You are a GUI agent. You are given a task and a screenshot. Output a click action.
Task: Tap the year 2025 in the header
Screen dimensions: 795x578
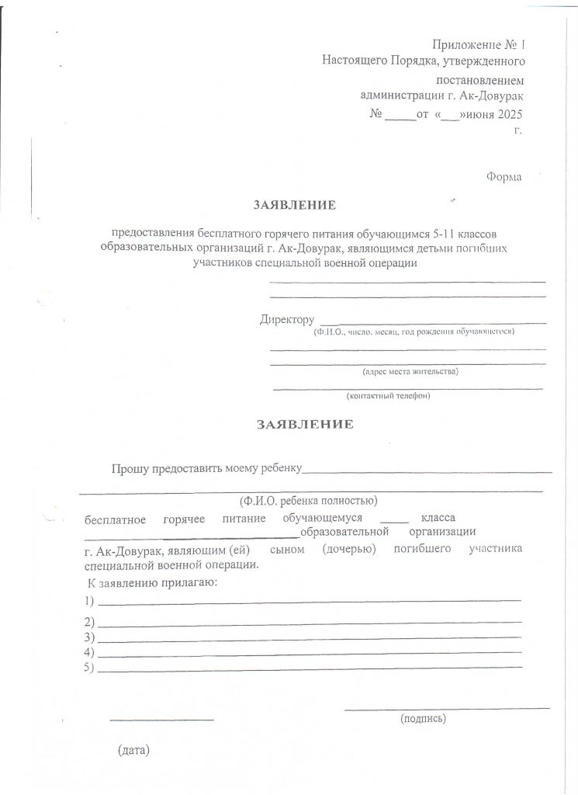[x=509, y=114]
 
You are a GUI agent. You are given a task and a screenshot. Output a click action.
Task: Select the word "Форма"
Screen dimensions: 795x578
[x=504, y=177]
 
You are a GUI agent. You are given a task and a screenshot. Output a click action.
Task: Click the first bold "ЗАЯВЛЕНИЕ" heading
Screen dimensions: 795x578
[x=294, y=206]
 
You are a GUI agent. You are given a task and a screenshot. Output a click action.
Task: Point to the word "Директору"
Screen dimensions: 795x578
[x=287, y=319]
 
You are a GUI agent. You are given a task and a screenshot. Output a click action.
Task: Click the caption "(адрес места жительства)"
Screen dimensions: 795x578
[x=410, y=371]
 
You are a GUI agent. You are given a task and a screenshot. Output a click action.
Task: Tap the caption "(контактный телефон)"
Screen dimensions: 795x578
[x=388, y=395]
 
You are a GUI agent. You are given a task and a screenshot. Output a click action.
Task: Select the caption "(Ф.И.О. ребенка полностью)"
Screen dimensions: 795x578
[x=308, y=500]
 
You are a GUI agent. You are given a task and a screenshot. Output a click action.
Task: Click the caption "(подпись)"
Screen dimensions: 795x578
[x=423, y=719]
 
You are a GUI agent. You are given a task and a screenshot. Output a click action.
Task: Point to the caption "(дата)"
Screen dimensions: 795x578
[x=133, y=751]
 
